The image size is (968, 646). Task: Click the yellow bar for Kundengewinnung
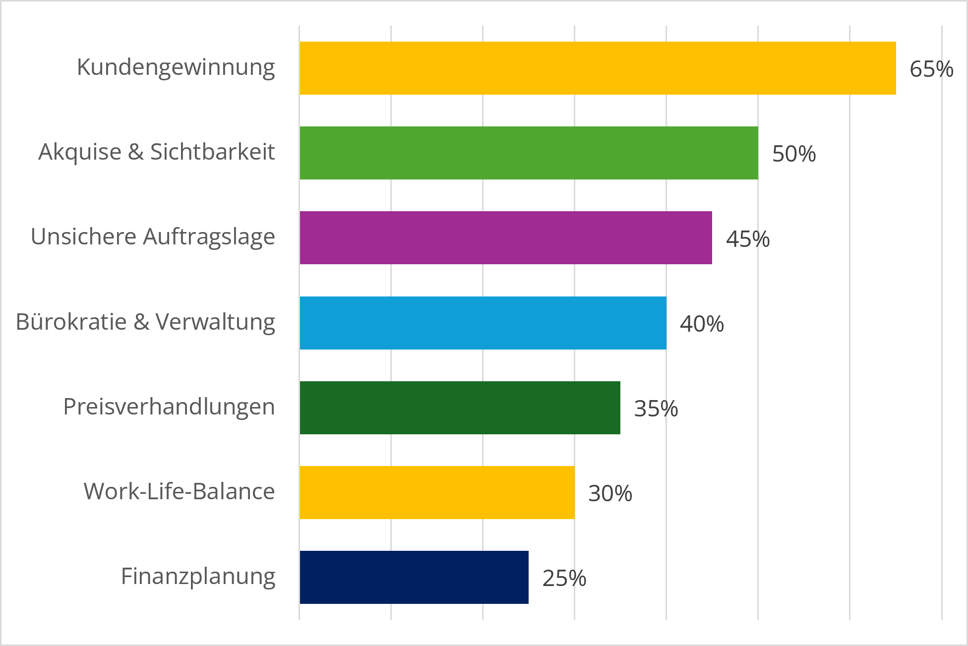pos(598,68)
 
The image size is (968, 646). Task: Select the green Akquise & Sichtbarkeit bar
pos(529,153)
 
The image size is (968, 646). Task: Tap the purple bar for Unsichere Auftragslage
pos(506,238)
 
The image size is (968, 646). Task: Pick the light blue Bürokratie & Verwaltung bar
pos(483,323)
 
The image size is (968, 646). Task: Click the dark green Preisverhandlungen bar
pos(460,408)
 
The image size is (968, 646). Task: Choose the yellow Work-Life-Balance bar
pos(437,492)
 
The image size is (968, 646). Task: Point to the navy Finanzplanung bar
pos(414,577)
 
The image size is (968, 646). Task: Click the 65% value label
pos(931,69)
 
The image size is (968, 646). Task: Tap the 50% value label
pos(794,154)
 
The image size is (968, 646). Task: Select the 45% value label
pos(748,239)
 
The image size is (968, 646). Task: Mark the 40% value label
pos(702,324)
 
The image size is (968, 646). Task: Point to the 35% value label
pos(656,409)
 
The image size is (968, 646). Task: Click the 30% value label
pos(610,493)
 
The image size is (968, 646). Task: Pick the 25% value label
pos(564,578)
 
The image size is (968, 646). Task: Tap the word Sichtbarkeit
pos(212,152)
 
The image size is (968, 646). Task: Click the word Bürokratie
pos(71,321)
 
